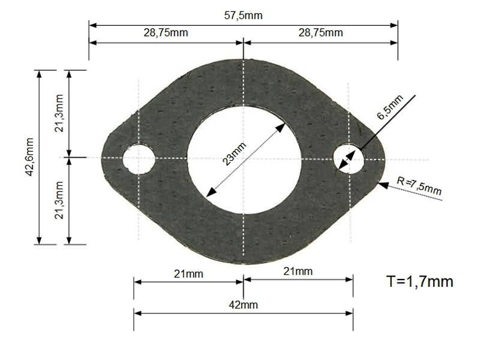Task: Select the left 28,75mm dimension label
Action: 166,32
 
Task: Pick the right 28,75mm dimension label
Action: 321,32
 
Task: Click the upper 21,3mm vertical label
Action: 59,114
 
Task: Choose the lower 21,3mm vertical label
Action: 59,200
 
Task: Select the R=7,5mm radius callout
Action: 420,186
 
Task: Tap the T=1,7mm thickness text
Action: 420,281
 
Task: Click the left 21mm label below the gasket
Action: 188,274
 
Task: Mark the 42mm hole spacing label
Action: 244,305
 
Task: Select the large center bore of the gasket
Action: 244,158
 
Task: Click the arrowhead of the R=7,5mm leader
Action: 382,184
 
